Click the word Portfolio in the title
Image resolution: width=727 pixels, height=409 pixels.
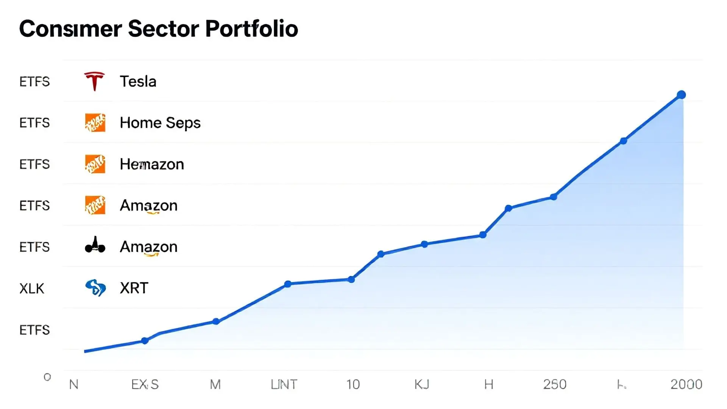[251, 29]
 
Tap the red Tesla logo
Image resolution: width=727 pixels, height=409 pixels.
[94, 81]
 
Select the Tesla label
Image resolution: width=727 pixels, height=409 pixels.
[138, 81]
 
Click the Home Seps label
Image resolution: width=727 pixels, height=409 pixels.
[160, 123]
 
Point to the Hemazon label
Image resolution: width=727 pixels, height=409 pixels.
[152, 164]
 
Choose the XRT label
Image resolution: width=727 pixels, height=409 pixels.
[134, 288]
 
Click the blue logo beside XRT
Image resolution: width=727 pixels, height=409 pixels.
[95, 288]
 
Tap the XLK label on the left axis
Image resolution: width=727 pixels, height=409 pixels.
[32, 289]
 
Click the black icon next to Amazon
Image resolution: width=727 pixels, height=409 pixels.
[95, 245]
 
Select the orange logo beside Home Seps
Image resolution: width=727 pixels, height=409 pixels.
[95, 123]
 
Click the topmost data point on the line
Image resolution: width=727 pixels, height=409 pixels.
[681, 95]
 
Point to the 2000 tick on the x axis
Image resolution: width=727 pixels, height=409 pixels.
[686, 384]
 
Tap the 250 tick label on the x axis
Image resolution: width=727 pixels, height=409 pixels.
[555, 384]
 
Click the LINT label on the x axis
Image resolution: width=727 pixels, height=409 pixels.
[284, 384]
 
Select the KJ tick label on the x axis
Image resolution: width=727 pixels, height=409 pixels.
[422, 384]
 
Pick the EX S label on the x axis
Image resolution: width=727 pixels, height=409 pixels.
[145, 384]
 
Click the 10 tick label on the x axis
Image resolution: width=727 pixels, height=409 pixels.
[353, 384]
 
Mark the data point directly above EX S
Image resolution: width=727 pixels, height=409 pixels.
[145, 341]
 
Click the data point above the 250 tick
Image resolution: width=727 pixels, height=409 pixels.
[553, 197]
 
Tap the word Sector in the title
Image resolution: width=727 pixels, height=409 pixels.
[163, 29]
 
